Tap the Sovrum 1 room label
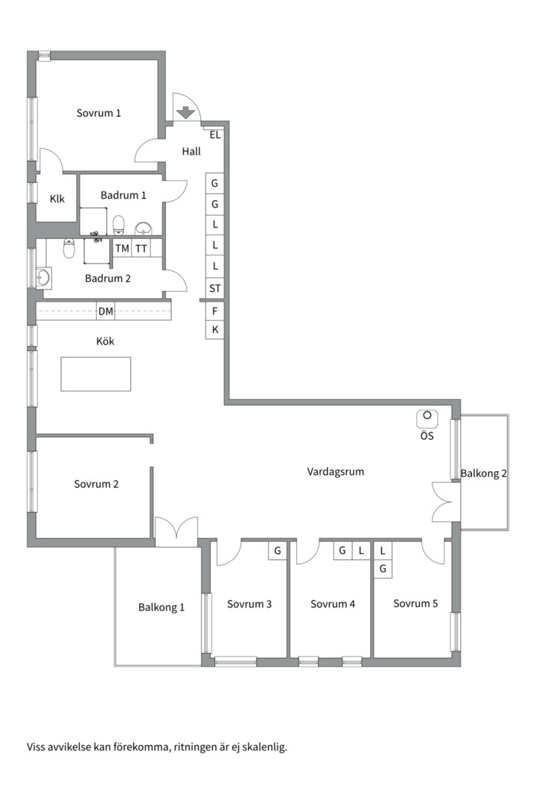click(x=98, y=113)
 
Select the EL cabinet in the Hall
click(x=215, y=135)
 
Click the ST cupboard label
click(x=215, y=288)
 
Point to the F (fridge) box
click(x=215, y=310)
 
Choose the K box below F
click(x=215, y=330)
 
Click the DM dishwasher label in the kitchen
click(x=106, y=311)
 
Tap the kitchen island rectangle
click(x=96, y=374)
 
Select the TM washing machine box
click(x=122, y=248)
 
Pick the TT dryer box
click(x=141, y=248)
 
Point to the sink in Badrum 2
click(x=43, y=278)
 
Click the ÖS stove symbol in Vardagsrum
click(x=427, y=418)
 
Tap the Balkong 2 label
click(x=484, y=473)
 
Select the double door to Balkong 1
click(x=176, y=528)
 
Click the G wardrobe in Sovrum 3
click(x=278, y=551)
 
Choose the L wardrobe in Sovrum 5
click(x=383, y=551)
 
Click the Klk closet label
click(x=57, y=199)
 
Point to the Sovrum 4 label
click(x=332, y=604)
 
